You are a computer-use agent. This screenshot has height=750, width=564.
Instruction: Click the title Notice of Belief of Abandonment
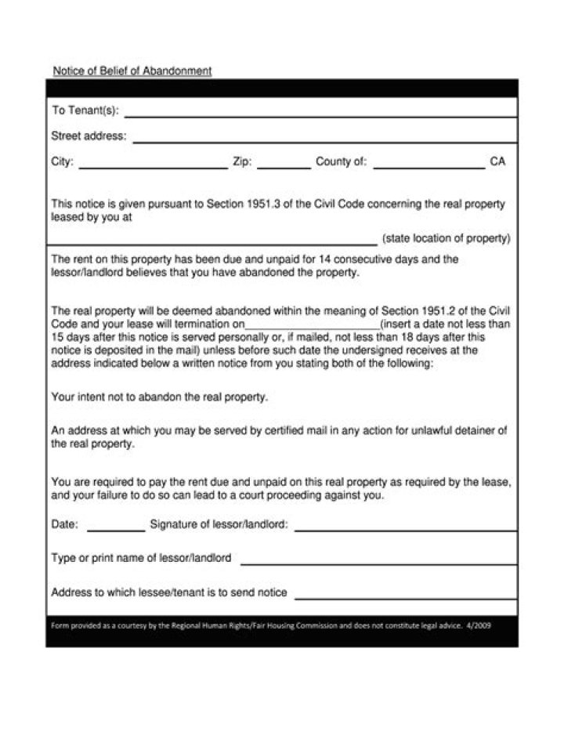click(x=132, y=71)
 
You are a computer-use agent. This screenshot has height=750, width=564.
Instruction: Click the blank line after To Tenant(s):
click(x=320, y=114)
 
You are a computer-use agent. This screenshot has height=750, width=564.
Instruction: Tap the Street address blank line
click(x=324, y=139)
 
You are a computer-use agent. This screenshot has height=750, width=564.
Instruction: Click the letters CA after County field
click(x=497, y=161)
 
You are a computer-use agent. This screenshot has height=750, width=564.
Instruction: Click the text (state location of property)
click(x=446, y=238)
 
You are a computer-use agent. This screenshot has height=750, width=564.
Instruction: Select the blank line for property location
click(x=213, y=242)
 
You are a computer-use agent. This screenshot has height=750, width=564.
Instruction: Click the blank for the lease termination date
click(x=313, y=326)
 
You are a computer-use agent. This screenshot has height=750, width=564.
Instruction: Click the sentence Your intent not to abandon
click(x=159, y=397)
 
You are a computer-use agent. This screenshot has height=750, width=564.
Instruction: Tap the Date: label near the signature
click(x=64, y=524)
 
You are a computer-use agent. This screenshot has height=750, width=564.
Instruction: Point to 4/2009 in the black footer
click(x=479, y=625)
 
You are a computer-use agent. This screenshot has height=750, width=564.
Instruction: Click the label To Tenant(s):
click(x=85, y=111)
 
